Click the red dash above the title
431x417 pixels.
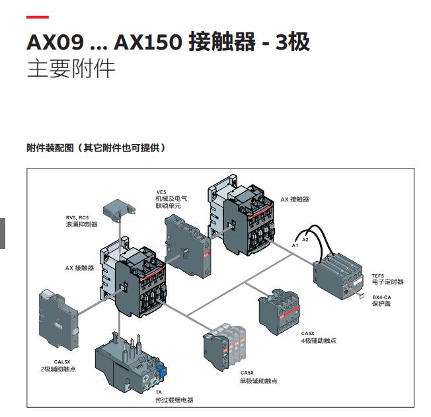37,17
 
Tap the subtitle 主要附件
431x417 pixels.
71,69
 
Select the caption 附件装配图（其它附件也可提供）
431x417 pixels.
96,147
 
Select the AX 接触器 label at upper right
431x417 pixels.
295,199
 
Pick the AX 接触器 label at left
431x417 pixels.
79,268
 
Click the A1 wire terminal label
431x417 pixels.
295,245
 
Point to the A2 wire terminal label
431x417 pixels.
305,239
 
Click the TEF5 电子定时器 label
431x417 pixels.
387,279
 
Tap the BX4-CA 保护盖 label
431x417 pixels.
384,301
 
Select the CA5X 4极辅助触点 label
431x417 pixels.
319,337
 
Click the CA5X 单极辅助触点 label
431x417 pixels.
258,377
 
